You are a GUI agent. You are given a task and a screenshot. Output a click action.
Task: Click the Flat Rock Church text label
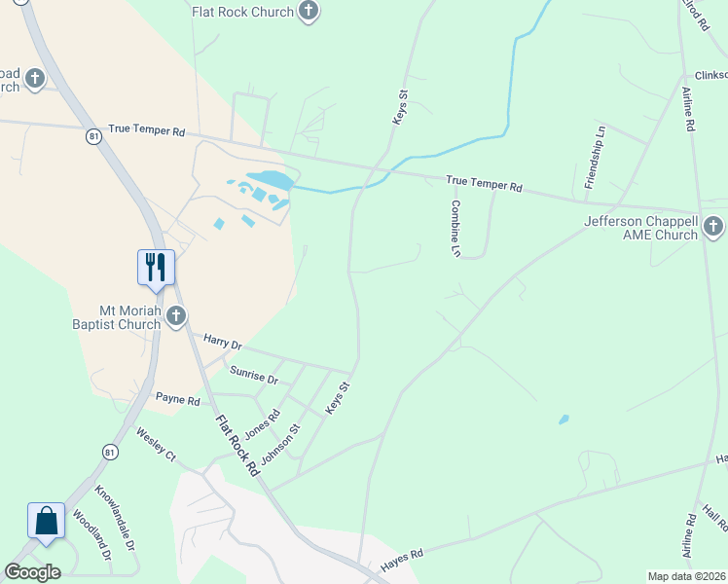[x=242, y=12]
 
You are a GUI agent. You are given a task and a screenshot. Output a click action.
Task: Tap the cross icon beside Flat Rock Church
[x=309, y=12]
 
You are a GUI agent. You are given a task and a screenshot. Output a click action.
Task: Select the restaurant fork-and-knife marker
[x=156, y=266]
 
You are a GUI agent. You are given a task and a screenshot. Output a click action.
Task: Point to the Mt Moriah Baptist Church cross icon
[x=176, y=314]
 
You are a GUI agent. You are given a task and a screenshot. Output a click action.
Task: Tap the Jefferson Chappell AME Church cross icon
[x=713, y=228]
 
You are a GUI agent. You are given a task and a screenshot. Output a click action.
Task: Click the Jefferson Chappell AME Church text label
[x=640, y=228]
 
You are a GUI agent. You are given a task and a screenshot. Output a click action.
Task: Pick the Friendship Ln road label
[x=595, y=157]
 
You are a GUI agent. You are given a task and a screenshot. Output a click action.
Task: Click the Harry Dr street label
[x=223, y=343]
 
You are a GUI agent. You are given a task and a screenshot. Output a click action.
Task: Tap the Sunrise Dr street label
[x=254, y=374]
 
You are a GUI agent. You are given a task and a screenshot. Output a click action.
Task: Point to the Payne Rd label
[x=178, y=400]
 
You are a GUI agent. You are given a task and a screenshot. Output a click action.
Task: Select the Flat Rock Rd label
[x=237, y=445]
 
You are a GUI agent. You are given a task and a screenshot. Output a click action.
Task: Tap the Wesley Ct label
[x=156, y=445]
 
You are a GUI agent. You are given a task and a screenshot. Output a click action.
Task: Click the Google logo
[x=32, y=572]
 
